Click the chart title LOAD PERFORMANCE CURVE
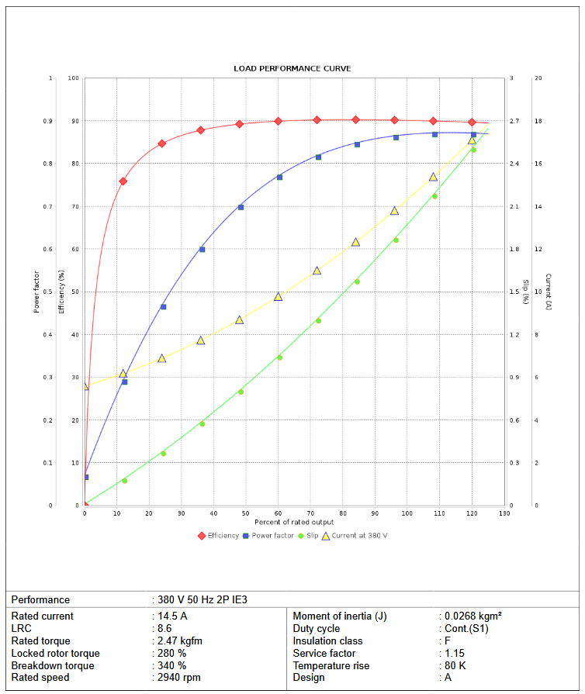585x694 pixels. point(292,68)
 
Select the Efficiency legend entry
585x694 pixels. point(219,536)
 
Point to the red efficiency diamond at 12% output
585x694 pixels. point(123,181)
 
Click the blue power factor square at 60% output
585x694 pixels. point(279,177)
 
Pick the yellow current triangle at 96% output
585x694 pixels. point(394,210)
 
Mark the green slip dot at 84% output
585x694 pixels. point(357,281)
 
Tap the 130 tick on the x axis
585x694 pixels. point(504,513)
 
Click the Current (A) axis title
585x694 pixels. point(548,292)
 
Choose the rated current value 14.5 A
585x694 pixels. point(172,616)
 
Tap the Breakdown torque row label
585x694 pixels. point(53,665)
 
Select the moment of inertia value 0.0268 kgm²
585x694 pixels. point(473,616)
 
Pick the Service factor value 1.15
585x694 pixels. point(458,653)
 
